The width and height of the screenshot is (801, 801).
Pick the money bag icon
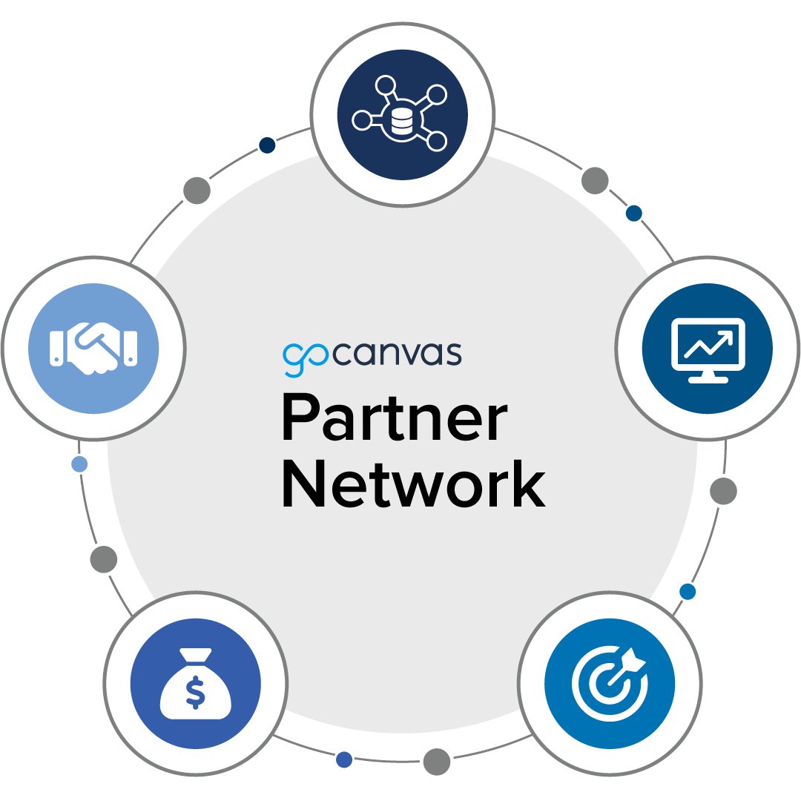coord(195,684)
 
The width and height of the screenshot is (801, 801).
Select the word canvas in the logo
coord(397,354)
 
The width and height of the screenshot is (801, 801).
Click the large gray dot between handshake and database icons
coord(197,191)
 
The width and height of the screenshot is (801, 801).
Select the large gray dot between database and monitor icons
coord(595,180)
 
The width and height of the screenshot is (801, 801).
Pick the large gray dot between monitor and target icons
coord(723,490)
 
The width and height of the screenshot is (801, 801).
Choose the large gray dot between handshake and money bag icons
coord(104,559)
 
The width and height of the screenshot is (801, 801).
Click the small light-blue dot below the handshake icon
coord(79,464)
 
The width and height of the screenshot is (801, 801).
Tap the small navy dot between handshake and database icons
coord(267,145)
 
